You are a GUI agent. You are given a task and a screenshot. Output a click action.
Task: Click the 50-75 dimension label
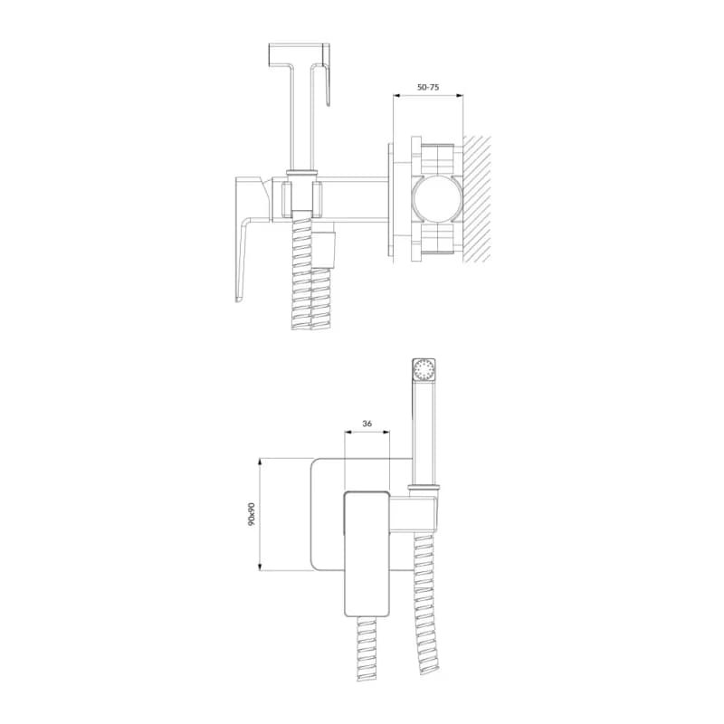428,87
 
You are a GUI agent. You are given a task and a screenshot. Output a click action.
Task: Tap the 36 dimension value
367,424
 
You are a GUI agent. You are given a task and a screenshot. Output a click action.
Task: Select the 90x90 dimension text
252,514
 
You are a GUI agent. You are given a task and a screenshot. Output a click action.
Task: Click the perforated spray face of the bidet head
424,370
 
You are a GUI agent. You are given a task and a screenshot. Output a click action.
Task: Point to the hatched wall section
477,199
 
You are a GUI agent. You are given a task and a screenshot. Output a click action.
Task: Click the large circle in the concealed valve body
436,199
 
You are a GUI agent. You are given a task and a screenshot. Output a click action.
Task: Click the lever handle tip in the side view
238,299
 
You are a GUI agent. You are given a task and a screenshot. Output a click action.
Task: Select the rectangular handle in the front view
367,553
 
